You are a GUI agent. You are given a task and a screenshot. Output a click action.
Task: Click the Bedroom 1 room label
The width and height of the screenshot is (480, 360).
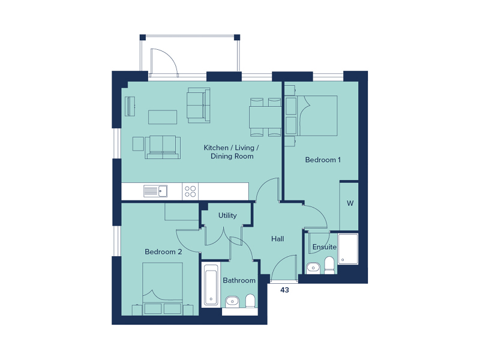tap(323, 160)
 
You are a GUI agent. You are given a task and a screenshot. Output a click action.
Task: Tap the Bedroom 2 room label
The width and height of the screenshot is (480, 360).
tap(163, 252)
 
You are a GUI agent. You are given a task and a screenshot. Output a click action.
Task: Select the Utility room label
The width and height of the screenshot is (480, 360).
tap(227, 215)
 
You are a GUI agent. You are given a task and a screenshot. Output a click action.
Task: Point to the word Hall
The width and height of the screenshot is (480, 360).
tap(277, 239)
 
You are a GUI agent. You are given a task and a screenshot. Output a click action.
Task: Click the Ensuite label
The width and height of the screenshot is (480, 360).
tap(324, 247)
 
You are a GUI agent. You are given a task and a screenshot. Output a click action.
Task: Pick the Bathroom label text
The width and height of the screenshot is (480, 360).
tap(239, 280)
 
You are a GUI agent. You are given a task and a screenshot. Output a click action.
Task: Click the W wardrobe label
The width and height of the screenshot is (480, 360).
tap(349, 203)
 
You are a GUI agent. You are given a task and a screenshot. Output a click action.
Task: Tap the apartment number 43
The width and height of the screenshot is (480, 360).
tap(285, 290)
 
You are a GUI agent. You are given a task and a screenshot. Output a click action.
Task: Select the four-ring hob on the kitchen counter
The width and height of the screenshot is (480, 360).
tap(190, 191)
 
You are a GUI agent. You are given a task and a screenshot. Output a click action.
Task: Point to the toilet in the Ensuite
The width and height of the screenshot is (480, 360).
tap(329, 265)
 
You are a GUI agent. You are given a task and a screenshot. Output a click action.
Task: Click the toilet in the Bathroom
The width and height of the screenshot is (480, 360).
tap(251, 301)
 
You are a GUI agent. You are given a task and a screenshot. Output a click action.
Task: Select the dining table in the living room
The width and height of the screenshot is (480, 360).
tap(265, 116)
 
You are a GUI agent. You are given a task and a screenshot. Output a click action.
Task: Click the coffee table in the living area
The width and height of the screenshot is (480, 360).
tap(163, 116)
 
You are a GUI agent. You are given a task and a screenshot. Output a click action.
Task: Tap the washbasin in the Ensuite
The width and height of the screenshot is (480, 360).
tap(312, 268)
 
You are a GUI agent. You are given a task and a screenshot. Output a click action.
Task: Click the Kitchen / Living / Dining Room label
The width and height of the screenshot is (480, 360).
tap(232, 152)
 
